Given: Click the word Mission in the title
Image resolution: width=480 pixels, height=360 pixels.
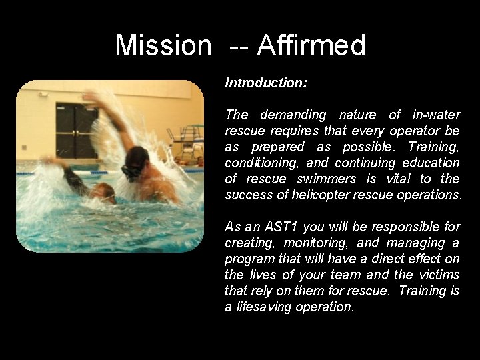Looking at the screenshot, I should coord(163,45).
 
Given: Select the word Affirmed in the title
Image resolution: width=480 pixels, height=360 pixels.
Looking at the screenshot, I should coord(311,45).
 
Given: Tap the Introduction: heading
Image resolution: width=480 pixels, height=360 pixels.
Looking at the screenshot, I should coord(266,83).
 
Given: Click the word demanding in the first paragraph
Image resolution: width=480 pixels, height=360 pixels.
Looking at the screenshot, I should coord(293,115).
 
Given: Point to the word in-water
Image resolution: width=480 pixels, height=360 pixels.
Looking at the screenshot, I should coord(435,115).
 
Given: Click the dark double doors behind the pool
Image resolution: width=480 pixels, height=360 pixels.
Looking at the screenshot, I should coord(76,129).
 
